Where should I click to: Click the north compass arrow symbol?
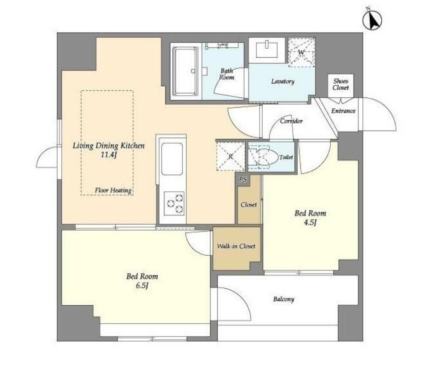tap(372, 20)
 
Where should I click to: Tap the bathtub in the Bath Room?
tap(185, 71)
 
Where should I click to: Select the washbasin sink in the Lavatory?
tap(267, 50)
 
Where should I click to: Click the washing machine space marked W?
tap(301, 52)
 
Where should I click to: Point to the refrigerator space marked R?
tap(231, 156)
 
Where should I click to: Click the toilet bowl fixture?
tap(263, 157)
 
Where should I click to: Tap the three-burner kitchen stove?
tap(174, 203)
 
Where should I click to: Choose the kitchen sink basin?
tap(172, 159)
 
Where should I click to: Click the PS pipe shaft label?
tap(243, 179)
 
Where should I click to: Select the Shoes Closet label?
tap(341, 84)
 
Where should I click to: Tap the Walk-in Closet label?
tap(236, 246)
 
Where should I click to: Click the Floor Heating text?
tap(114, 190)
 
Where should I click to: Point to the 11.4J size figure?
tap(109, 155)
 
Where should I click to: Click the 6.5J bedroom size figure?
tap(142, 285)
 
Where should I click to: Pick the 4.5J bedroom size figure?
tap(310, 223)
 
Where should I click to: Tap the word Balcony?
tap(284, 299)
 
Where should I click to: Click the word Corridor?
tap(291, 121)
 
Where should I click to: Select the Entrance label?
tap(343, 110)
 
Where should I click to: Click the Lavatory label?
tap(283, 81)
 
